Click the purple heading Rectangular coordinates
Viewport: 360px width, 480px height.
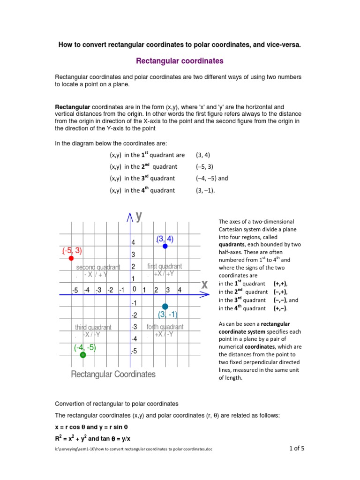(x=180, y=61)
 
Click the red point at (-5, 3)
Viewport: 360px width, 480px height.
(x=71, y=258)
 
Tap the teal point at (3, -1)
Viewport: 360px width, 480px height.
(x=165, y=307)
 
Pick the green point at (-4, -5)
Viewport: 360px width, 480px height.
(x=83, y=355)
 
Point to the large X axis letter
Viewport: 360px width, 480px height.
(x=204, y=285)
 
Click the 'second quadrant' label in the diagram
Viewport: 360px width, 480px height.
(x=98, y=267)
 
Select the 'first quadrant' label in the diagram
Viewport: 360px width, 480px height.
(x=165, y=266)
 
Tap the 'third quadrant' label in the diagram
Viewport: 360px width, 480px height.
(x=93, y=327)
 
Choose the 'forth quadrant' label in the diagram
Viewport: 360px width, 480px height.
(x=165, y=327)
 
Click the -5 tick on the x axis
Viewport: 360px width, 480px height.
(x=75, y=291)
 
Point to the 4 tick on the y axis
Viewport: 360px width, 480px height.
(x=133, y=242)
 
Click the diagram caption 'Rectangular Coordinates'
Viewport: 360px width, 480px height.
(x=113, y=374)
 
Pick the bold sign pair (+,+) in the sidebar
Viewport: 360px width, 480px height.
(x=280, y=284)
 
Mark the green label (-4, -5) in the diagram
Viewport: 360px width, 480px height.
(x=85, y=347)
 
